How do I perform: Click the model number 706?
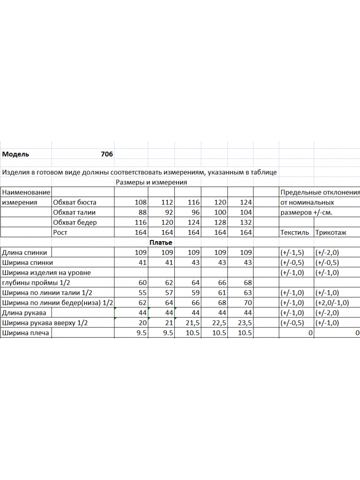coord(107,154)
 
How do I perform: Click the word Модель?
coord(16,154)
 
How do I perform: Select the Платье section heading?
coord(161,242)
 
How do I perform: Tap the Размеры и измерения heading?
coord(151,182)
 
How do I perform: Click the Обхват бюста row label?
coord(74,202)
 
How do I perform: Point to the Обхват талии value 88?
coord(142,212)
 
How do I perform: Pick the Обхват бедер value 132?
coord(245,222)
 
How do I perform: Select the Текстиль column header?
coord(295,232)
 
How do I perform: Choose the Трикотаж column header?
coord(331,232)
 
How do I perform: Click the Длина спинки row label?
coord(24,252)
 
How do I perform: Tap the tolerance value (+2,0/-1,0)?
coord(332,303)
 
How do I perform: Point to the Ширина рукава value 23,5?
coord(244,323)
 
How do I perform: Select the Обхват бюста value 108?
coord(141,202)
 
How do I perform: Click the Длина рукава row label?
coord(24,313)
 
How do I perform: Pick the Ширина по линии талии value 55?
coord(142,293)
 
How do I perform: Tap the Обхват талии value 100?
coord(219,212)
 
